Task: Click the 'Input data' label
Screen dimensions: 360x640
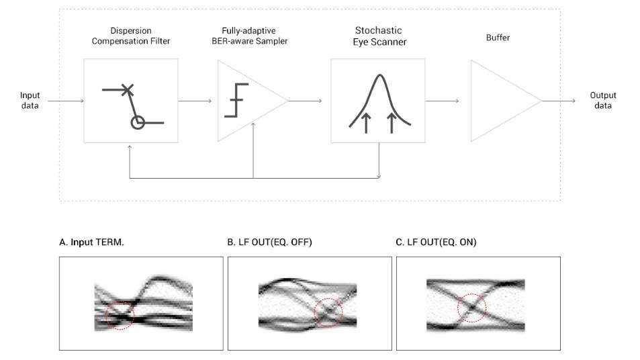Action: [x=30, y=100]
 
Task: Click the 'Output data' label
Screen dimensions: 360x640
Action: [x=602, y=100]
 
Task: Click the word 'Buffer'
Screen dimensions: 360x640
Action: [x=498, y=38]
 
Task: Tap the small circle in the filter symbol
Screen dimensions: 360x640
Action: [x=138, y=123]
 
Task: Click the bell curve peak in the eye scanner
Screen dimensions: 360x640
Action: [x=377, y=77]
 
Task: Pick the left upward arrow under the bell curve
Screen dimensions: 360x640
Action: [x=365, y=123]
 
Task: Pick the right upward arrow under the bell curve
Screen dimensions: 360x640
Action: [x=392, y=123]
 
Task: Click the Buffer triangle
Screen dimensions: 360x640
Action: [x=500, y=101]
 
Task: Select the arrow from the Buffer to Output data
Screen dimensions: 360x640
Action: [x=559, y=101]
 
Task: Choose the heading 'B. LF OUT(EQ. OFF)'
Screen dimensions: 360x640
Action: [x=270, y=243]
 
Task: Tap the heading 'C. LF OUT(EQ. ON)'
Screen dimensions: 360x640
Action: [x=437, y=243]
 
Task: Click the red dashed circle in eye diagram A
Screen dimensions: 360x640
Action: [x=120, y=314]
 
